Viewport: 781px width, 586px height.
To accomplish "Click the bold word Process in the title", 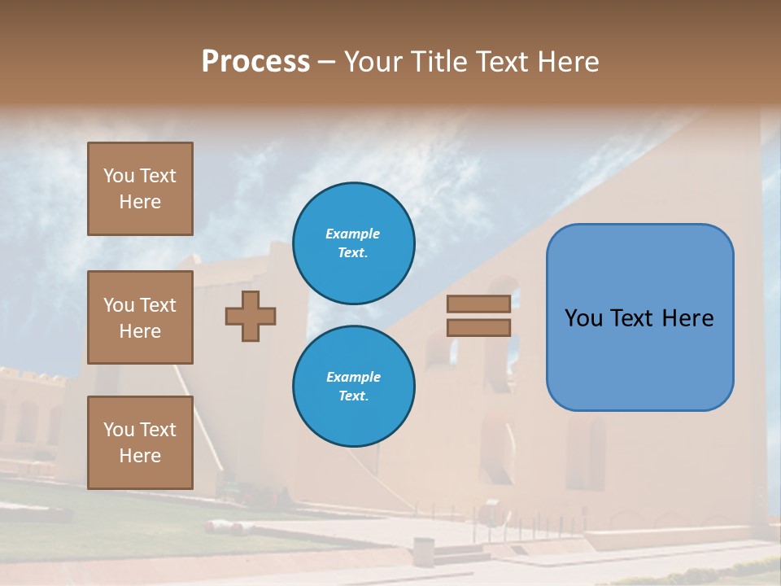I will pyautogui.click(x=255, y=62).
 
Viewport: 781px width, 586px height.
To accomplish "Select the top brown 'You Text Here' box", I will pyautogui.click(x=140, y=189).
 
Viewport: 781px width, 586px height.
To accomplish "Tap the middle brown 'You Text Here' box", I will pyautogui.click(x=140, y=317).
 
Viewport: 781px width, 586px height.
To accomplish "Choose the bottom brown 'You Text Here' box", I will pyautogui.click(x=140, y=443).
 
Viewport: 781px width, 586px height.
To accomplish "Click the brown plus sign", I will pyautogui.click(x=251, y=316).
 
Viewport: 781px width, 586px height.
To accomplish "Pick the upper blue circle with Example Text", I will pyautogui.click(x=353, y=243).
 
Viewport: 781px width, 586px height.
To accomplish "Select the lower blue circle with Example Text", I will pyautogui.click(x=353, y=386).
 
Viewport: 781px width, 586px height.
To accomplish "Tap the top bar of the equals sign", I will pyautogui.click(x=478, y=304).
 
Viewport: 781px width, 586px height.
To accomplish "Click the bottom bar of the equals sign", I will pyautogui.click(x=478, y=327).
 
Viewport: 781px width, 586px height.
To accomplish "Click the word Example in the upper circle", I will pyautogui.click(x=353, y=234).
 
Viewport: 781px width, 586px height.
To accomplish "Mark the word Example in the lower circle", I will pyautogui.click(x=353, y=377).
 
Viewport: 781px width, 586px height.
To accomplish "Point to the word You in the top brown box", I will pyautogui.click(x=119, y=176).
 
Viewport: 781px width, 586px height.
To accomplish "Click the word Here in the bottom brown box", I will pyautogui.click(x=140, y=456).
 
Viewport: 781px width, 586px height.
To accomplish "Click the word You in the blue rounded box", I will pyautogui.click(x=583, y=318).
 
